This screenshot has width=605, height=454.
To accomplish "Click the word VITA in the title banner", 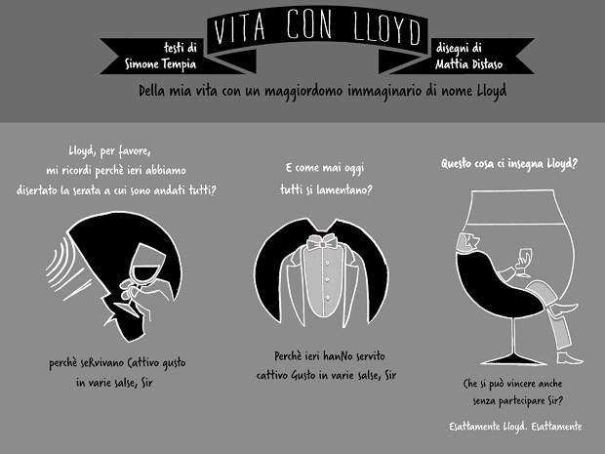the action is pos(240,27).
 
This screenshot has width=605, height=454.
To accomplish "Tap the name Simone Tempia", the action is pos(160,63).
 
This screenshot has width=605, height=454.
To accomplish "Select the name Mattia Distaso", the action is pos(468,63).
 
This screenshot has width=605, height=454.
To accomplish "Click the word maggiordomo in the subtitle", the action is pos(303,91).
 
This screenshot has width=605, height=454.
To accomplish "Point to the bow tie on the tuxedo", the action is pos(321,242).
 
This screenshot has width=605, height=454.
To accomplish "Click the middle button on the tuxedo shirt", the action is pos(327,279).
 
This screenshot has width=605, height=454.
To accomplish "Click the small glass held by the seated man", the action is pos(524,263).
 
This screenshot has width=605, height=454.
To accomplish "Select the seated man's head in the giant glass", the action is pos(467,242).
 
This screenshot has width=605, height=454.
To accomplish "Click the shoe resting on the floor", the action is pos(570,358).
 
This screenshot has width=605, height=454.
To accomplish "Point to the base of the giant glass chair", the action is pos(513,360).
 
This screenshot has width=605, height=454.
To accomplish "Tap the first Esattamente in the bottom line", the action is pos(474,427).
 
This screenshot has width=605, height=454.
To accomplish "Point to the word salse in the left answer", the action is pos(125,383).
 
